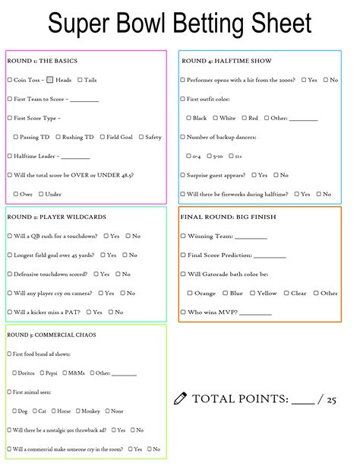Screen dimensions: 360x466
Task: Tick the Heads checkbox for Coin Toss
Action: pyautogui.click(x=49, y=80)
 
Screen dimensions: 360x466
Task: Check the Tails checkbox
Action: pyautogui.click(x=79, y=80)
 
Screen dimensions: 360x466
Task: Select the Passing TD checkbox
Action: pyautogui.click(x=15, y=137)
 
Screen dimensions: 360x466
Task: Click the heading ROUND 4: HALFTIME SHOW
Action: pyautogui.click(x=226, y=61)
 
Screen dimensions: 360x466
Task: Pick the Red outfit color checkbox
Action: pyautogui.click(x=243, y=118)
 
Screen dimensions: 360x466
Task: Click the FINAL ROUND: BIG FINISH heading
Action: pyautogui.click(x=228, y=217)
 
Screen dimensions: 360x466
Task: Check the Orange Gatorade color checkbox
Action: pyautogui.click(x=189, y=293)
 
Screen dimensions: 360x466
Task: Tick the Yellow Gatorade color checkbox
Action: pyautogui.click(x=252, y=293)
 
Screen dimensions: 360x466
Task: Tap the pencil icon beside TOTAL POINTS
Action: pyautogui.click(x=180, y=398)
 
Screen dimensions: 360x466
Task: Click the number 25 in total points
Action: pyautogui.click(x=330, y=398)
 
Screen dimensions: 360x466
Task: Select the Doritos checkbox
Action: pyautogui.click(x=15, y=372)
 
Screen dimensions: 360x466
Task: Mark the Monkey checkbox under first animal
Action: pyautogui.click(x=77, y=411)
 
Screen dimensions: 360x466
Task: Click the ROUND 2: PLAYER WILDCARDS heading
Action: pyautogui.click(x=56, y=217)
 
